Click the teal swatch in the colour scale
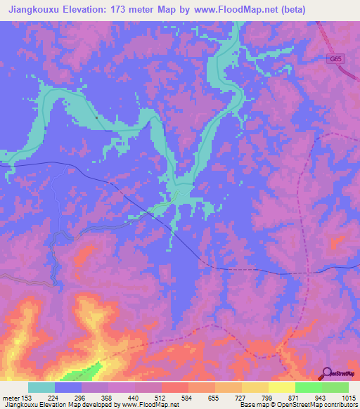(41, 387)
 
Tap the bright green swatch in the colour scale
(308, 387)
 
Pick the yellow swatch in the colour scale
(281, 387)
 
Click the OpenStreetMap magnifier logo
(326, 372)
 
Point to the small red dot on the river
(96, 117)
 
